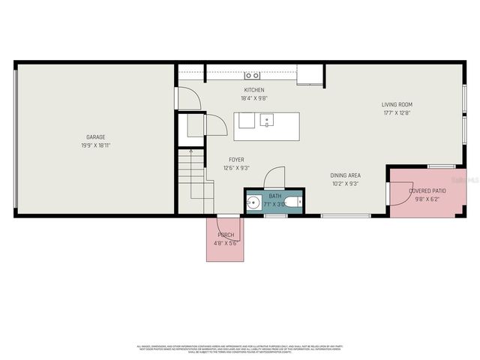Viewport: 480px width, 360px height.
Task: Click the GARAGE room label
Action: point(95,137)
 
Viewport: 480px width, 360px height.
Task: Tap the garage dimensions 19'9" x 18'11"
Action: point(95,145)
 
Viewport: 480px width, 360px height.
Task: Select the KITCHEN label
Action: point(254,89)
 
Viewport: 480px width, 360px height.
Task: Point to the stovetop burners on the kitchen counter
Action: point(253,75)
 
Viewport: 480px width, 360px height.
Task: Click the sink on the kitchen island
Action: point(266,119)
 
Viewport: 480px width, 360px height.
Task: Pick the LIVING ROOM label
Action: point(397,104)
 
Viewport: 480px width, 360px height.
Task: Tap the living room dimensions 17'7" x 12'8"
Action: point(397,113)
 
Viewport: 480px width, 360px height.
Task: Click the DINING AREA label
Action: point(345,175)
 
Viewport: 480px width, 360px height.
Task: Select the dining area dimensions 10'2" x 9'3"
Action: point(345,184)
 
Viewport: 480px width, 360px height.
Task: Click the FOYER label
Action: point(236,160)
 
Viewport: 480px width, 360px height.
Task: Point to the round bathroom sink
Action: point(254,202)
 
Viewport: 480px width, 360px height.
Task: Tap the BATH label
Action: point(275,196)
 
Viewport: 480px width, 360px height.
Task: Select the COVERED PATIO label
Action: point(427,191)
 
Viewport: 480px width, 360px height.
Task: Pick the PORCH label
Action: point(226,235)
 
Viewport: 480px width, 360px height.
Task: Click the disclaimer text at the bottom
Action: point(240,349)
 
